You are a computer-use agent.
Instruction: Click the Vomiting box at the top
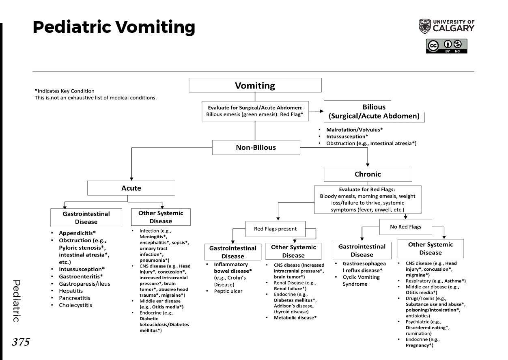tap(255, 86)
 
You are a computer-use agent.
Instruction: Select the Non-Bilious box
tap(256, 147)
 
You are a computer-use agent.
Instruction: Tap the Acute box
tap(131, 188)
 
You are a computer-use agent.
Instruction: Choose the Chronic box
tap(368, 174)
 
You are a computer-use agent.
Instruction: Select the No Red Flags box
tap(405, 227)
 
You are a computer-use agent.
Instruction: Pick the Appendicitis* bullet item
tap(77, 233)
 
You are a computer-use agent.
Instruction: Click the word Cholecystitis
tap(75, 305)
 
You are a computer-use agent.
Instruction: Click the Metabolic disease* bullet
tap(295, 317)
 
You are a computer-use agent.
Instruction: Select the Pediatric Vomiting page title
tap(114, 27)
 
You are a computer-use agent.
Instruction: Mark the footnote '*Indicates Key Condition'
tap(65, 91)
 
